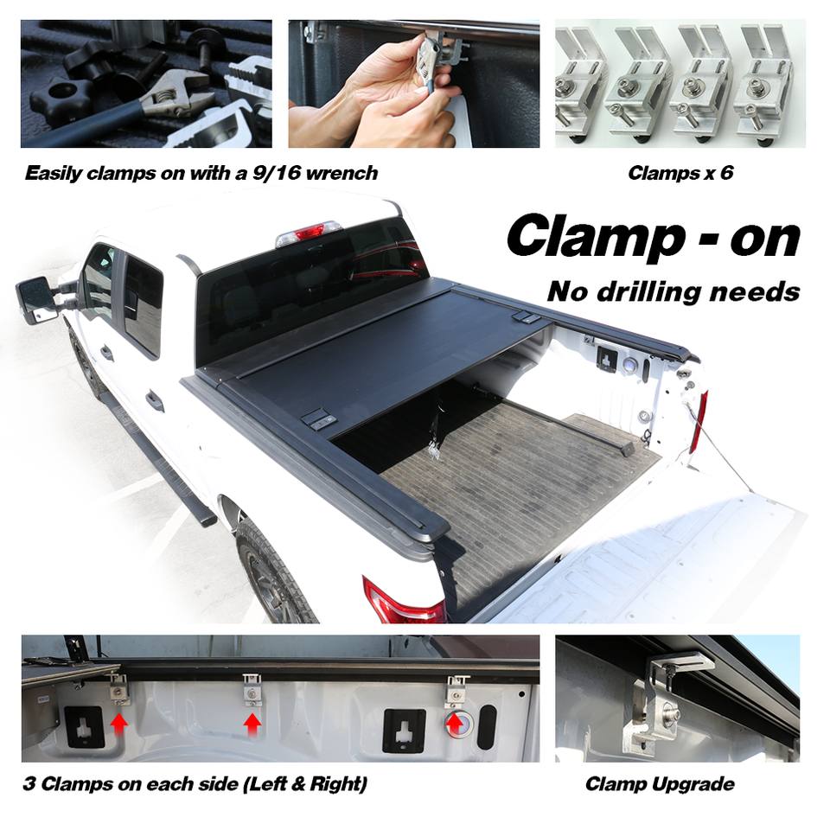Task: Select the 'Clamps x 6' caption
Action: click(680, 173)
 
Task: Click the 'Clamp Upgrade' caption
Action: click(660, 784)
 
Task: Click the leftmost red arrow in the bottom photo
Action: click(119, 721)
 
